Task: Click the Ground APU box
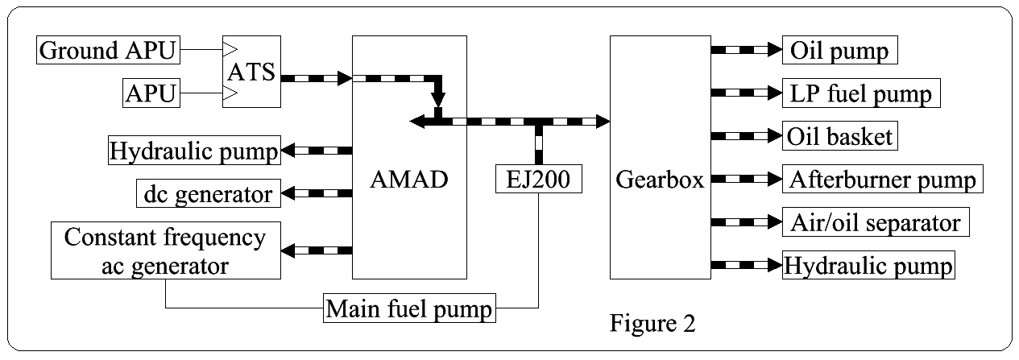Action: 107,52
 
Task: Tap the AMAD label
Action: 408,180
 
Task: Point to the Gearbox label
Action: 659,180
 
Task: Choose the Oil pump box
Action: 839,52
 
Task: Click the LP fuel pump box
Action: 860,94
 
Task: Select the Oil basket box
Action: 840,136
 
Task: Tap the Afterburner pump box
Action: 882,178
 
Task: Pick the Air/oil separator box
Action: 875,221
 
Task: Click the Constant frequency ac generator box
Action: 165,250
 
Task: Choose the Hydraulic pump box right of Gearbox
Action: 868,265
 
